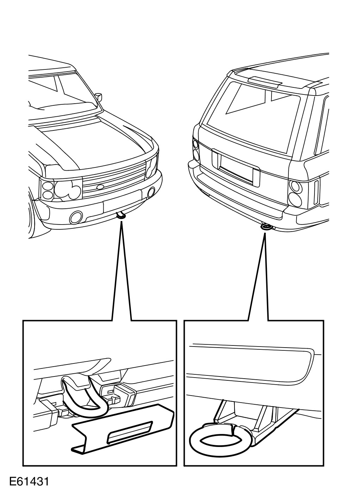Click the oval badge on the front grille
click(100, 187)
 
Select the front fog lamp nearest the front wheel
click(76, 217)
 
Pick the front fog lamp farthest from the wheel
click(151, 192)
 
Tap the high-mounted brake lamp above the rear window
click(265, 81)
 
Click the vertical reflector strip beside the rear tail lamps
click(316, 192)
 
